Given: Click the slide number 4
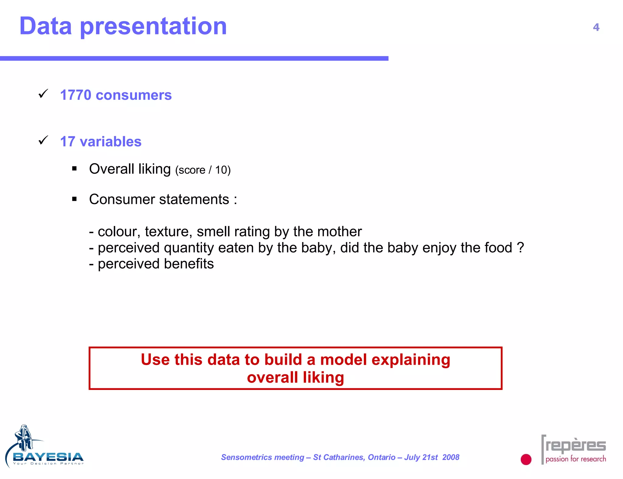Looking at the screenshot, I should pos(596,27).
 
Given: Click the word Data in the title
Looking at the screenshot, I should pos(46,26).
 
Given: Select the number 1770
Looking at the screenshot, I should pos(75,95).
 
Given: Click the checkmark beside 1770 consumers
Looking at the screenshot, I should pos(43,94).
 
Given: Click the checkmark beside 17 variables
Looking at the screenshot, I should pos(43,140).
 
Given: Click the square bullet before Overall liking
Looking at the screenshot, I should pos(75,168).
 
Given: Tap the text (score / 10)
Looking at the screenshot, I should pos(203,170).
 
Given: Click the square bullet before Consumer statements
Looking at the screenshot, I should pos(75,199).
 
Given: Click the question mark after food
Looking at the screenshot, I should pos(520,248).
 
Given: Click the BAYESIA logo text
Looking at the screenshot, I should pos(48,457).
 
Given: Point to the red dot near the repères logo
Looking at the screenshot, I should pos(526,459).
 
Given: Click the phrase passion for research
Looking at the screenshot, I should pos(576,459).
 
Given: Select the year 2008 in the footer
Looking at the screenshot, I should pos(451,457).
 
